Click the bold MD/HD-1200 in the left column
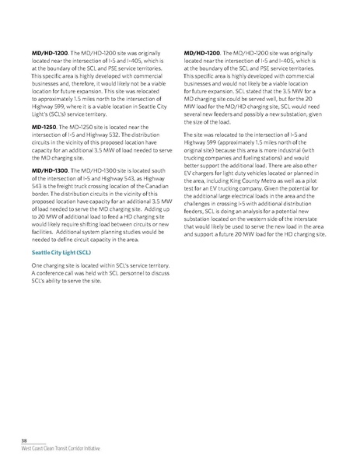[x=46, y=51]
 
